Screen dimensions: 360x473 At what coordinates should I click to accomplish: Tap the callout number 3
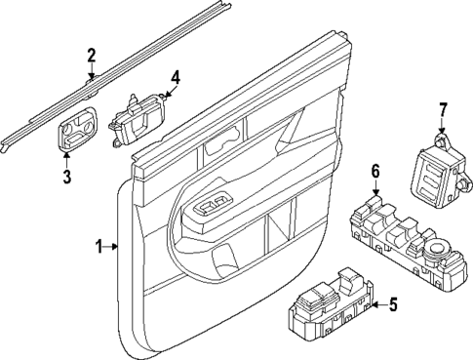pyautogui.click(x=67, y=176)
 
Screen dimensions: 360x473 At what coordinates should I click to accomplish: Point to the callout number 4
pyautogui.click(x=175, y=77)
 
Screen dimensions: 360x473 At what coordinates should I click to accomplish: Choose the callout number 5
pyautogui.click(x=393, y=304)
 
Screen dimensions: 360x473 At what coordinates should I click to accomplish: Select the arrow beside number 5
pyautogui.click(x=375, y=304)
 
